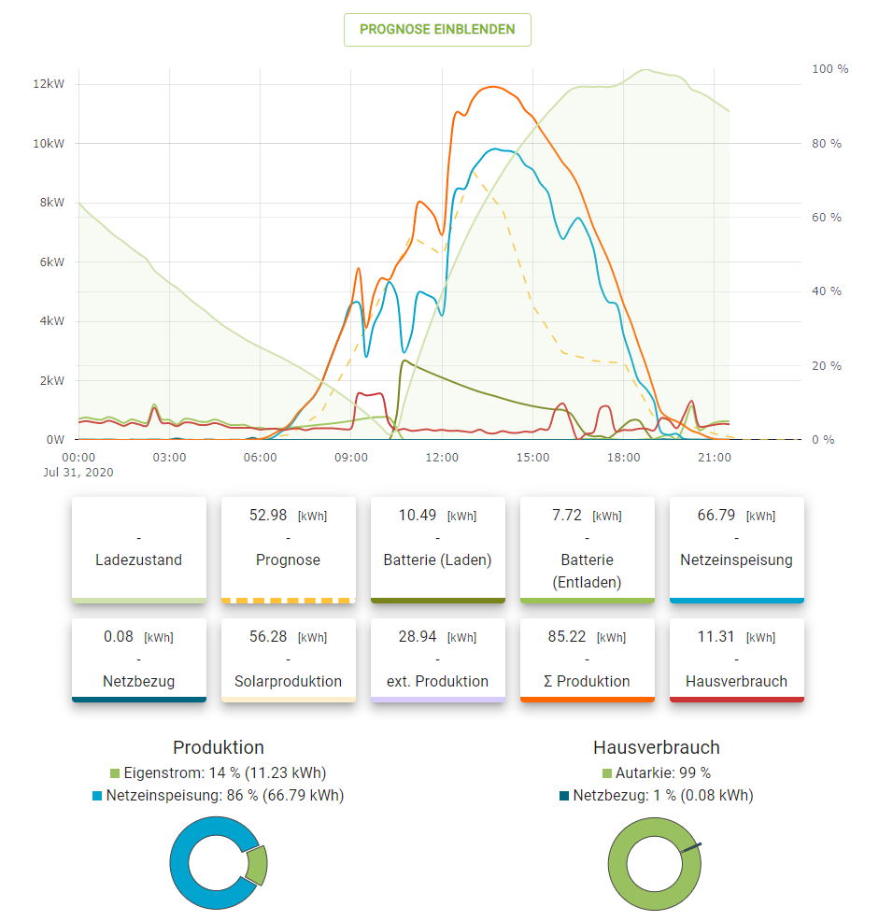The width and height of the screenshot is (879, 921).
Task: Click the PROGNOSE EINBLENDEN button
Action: pyautogui.click(x=437, y=30)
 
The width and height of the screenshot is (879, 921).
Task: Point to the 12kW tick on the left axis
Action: pyautogui.click(x=48, y=84)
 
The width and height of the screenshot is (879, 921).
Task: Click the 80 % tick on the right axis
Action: pyautogui.click(x=826, y=143)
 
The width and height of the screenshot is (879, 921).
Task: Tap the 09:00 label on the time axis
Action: pyautogui.click(x=351, y=457)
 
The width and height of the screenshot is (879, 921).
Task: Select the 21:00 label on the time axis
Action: pyautogui.click(x=715, y=457)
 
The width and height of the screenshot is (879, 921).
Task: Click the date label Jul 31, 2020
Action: pyautogui.click(x=78, y=472)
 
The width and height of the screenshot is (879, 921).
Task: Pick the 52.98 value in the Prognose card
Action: pyautogui.click(x=268, y=515)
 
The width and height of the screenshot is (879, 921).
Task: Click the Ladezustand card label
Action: pyautogui.click(x=138, y=560)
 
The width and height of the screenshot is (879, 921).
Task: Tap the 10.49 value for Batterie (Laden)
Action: pyautogui.click(x=418, y=515)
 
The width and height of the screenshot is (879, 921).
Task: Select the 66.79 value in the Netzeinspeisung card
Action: pyautogui.click(x=716, y=515)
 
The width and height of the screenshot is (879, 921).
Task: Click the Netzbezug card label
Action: pyautogui.click(x=138, y=681)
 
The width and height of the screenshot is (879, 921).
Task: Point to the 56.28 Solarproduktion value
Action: pyautogui.click(x=268, y=636)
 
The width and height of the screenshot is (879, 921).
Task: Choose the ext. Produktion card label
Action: pyautogui.click(x=437, y=681)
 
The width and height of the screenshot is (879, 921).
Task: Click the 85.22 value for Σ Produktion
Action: pyautogui.click(x=567, y=636)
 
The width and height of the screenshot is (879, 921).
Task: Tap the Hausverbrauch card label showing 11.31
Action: pyautogui.click(x=736, y=681)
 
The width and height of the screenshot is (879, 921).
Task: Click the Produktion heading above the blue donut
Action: pyautogui.click(x=219, y=747)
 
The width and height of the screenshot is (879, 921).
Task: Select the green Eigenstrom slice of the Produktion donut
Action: pyautogui.click(x=257, y=865)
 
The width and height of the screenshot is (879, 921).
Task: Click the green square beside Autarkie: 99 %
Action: pyautogui.click(x=607, y=773)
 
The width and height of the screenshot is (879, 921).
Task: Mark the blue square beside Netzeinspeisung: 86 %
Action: pyautogui.click(x=97, y=796)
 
